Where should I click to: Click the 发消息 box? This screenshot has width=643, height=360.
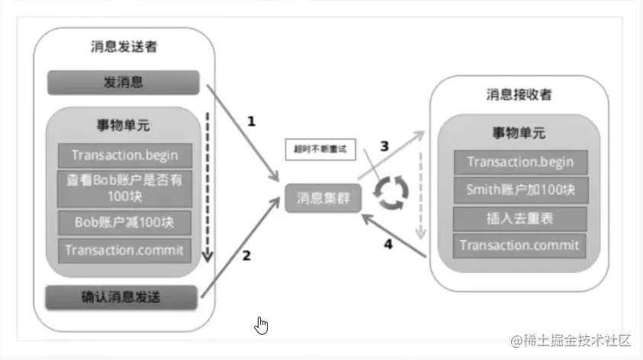coord(123,82)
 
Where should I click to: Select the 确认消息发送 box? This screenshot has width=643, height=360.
coord(123,295)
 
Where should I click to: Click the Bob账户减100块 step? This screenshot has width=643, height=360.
coord(124,222)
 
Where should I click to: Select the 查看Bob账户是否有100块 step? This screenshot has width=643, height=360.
coord(124,188)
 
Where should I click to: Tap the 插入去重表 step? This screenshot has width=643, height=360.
coord(519,218)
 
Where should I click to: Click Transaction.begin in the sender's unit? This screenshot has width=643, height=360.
coord(124,156)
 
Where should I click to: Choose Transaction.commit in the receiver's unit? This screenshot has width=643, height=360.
coord(519,246)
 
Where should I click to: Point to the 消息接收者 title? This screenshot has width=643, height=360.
coord(519,95)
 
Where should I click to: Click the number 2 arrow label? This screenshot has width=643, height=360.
coord(246,256)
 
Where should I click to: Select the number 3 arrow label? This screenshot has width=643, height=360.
coord(384,145)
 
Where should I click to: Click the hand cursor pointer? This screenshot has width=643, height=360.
coord(262,326)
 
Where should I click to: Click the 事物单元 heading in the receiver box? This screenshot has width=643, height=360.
coord(519,133)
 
